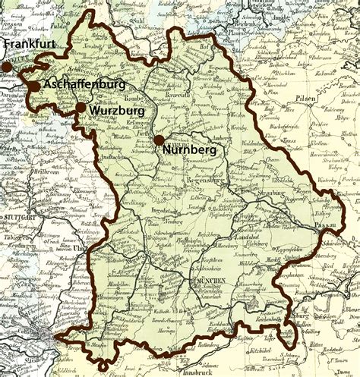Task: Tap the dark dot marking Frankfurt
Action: [x=7, y=68]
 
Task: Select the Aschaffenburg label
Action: [x=86, y=85]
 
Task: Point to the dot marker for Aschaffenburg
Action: [x=35, y=86]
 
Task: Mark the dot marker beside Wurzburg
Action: [x=80, y=108]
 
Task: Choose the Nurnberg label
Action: [x=189, y=151]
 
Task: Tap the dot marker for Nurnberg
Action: [x=158, y=140]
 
